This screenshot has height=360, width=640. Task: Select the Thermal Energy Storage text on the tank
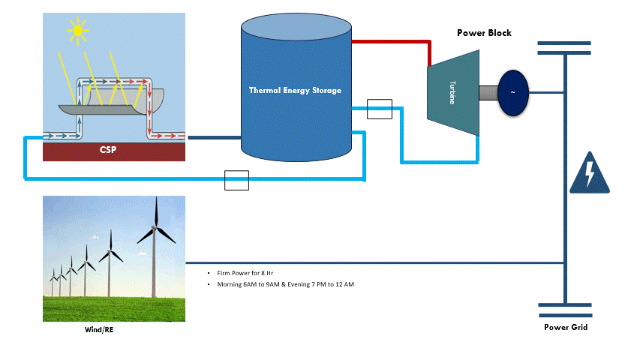[x=295, y=90]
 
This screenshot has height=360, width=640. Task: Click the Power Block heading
[x=484, y=33]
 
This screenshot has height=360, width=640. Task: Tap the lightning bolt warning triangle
[x=590, y=173]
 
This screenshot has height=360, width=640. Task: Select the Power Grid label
[x=566, y=327]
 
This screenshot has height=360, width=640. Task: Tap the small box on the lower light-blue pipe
[x=236, y=180]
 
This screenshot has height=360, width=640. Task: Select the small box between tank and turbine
[x=380, y=109]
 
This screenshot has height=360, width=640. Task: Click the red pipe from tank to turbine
[x=390, y=42]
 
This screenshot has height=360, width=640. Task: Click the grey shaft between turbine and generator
[x=488, y=92]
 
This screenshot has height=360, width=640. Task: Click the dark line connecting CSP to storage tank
[x=213, y=137]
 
